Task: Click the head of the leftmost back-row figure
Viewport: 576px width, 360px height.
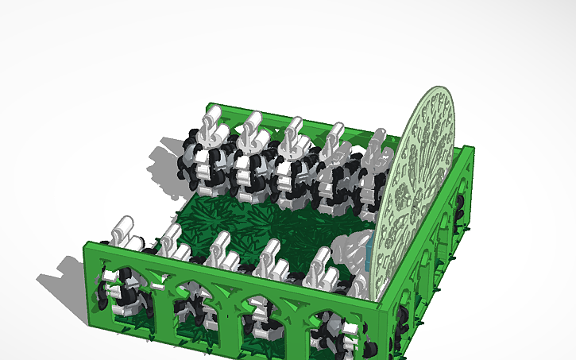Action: coord(209,126)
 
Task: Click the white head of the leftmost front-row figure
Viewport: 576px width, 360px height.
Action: coord(123,230)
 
